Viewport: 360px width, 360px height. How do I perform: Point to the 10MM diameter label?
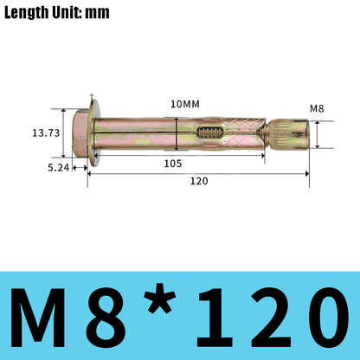click(x=184, y=104)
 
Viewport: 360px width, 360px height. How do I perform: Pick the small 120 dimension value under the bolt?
click(x=200, y=182)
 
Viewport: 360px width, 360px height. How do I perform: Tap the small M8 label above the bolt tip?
click(x=317, y=108)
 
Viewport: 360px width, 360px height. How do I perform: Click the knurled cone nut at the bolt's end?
click(x=290, y=135)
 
